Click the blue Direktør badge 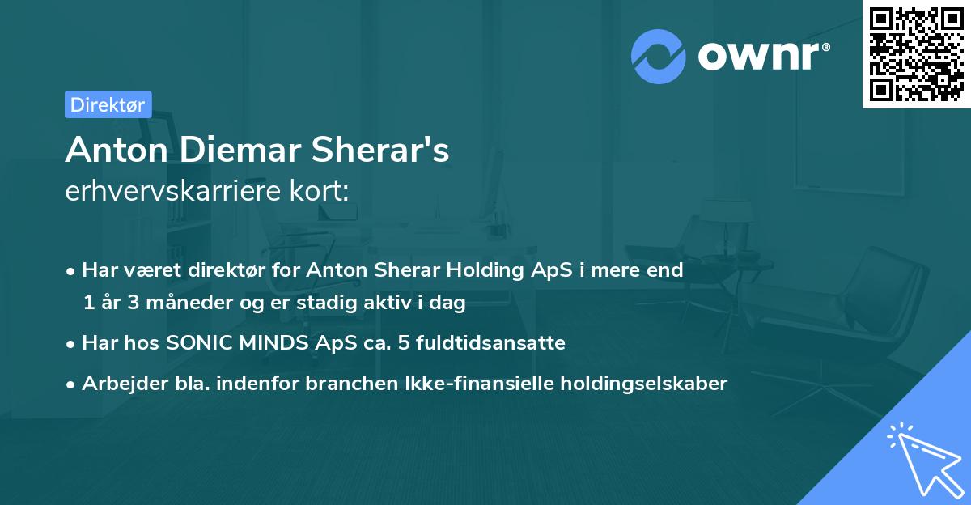108,104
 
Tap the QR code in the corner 916,53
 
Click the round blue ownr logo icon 659,57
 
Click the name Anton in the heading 109,150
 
